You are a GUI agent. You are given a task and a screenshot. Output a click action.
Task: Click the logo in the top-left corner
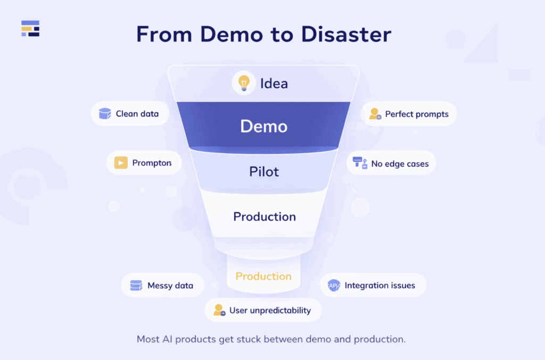[x=30, y=29]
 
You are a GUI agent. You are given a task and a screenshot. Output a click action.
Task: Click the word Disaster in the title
[x=346, y=35]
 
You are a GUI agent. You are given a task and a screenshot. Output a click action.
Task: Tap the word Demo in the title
[x=230, y=35]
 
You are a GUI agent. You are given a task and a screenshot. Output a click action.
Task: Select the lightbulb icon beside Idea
[x=244, y=83]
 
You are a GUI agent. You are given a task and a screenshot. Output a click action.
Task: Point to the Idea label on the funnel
[x=274, y=83]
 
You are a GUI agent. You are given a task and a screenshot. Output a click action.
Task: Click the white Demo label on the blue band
[x=264, y=127]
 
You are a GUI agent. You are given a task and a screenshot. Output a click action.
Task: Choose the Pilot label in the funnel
[x=264, y=172]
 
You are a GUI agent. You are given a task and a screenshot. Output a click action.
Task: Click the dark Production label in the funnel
[x=265, y=216]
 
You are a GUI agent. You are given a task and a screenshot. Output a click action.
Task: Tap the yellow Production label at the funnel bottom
[x=263, y=277]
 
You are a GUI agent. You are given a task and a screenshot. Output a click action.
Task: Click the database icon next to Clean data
[x=105, y=113]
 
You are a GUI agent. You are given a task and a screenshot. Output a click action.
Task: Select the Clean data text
[x=137, y=114]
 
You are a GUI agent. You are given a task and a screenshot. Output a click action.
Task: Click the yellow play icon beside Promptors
[x=121, y=163]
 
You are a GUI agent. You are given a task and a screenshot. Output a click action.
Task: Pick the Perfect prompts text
[x=417, y=114]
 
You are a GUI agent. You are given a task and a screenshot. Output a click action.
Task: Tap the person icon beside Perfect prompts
[x=375, y=114]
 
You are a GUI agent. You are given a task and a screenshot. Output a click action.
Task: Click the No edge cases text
[x=400, y=164]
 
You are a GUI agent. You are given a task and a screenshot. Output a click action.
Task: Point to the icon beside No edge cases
[x=360, y=163]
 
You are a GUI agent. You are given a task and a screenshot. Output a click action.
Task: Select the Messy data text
[x=170, y=286]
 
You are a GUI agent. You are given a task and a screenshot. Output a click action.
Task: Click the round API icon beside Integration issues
[x=334, y=286]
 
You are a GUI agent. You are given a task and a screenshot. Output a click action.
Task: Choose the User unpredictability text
[x=270, y=311]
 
